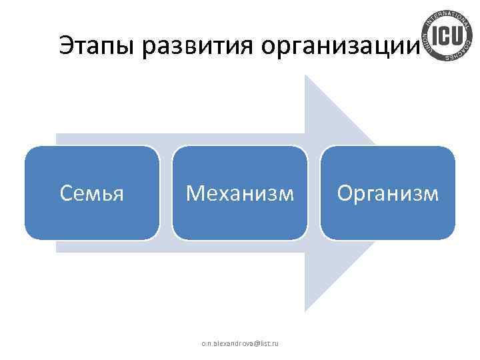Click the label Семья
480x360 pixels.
[92, 193]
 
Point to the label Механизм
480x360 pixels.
[239, 193]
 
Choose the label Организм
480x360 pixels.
[387, 193]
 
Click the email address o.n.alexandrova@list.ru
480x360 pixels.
[240, 343]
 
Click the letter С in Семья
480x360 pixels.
[65, 193]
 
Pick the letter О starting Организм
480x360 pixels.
[345, 193]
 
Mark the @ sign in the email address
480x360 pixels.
[253, 343]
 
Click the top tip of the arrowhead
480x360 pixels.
[306, 75]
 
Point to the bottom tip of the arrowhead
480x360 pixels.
[306, 311]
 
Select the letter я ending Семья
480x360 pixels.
[119, 194]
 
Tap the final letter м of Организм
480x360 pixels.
[431, 194]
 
